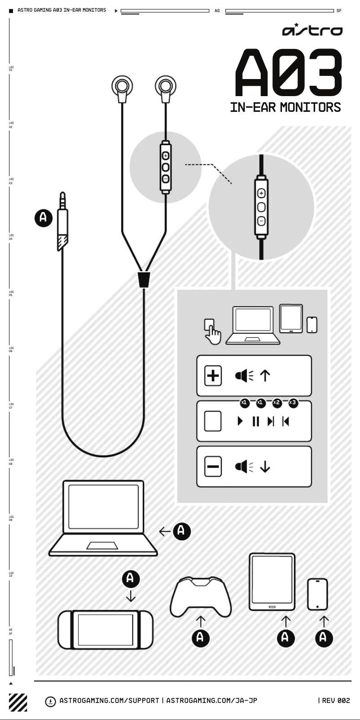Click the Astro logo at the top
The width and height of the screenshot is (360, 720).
[312, 30]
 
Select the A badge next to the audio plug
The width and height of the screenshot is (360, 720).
[44, 217]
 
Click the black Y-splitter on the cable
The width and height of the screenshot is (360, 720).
[144, 279]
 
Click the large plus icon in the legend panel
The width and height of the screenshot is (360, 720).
[213, 375]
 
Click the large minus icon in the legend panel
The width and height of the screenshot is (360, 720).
[213, 466]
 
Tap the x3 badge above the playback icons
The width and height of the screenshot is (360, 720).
[293, 402]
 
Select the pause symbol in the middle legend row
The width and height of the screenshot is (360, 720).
[256, 421]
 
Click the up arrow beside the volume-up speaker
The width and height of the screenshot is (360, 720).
[265, 375]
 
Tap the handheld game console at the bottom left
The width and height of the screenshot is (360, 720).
[105, 629]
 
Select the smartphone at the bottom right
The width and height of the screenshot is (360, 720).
[317, 594]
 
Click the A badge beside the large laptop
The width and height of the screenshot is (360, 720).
[181, 531]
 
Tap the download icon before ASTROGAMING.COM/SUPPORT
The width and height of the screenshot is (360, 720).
[51, 701]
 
